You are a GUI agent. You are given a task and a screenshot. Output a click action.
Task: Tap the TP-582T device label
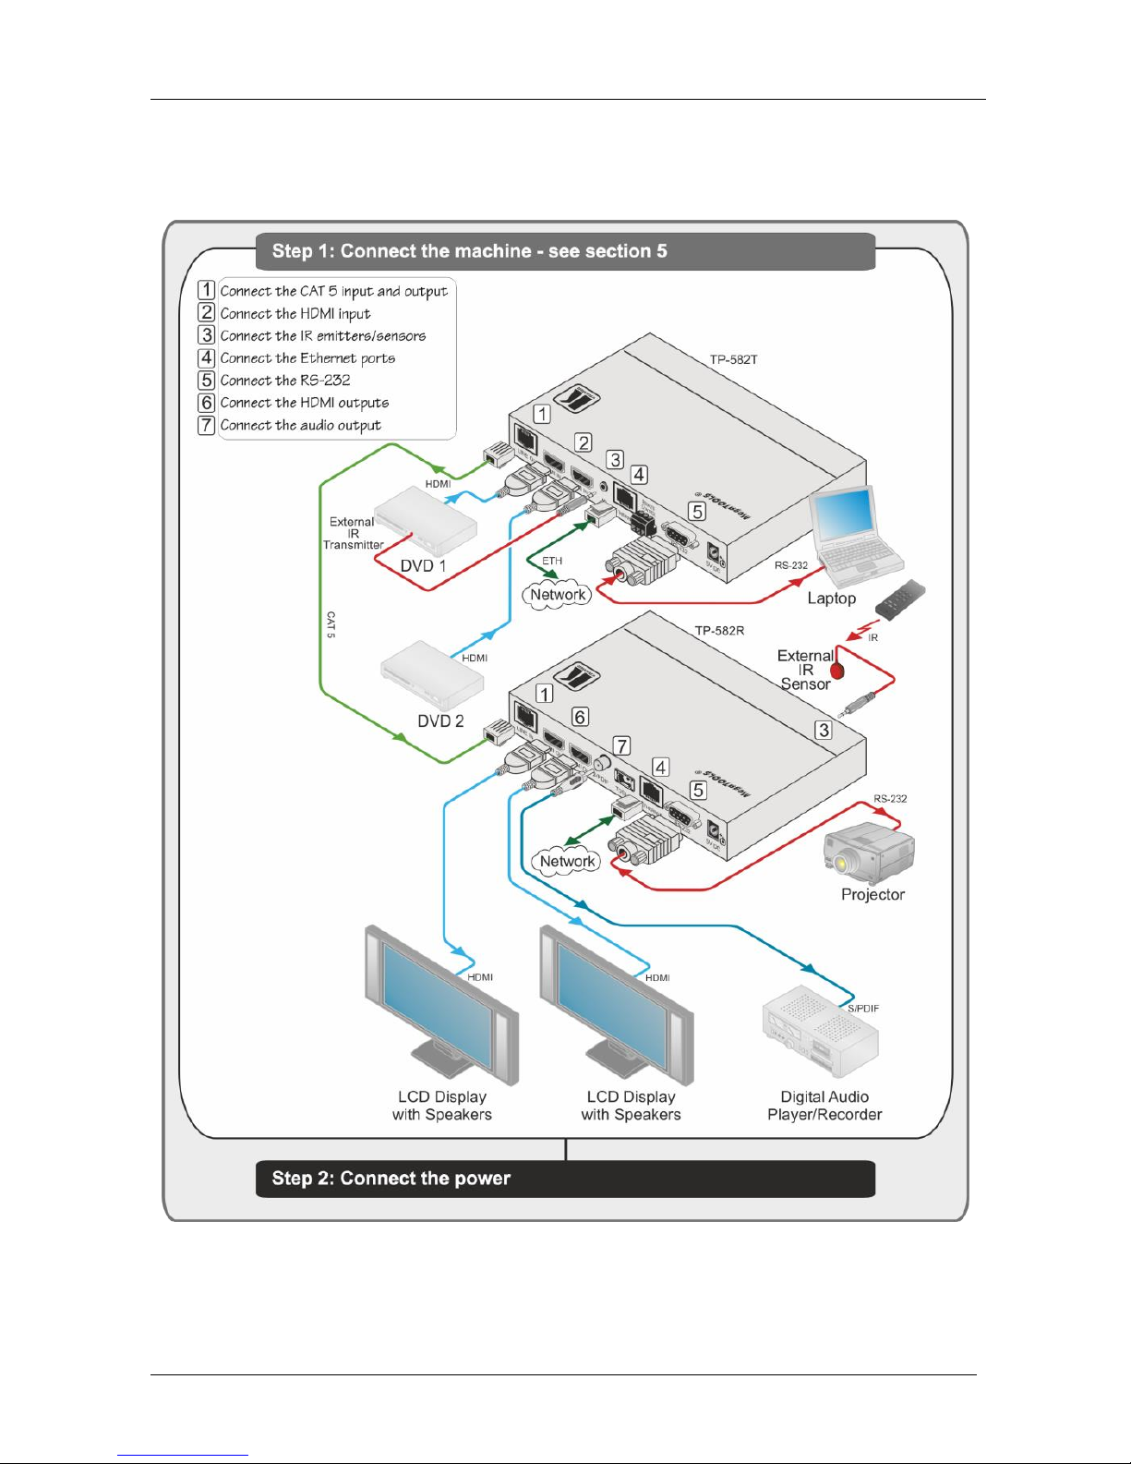[x=733, y=359]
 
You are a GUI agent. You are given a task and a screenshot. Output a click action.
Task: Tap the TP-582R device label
[x=719, y=631]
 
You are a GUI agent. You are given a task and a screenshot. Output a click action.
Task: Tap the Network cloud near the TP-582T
[x=558, y=596]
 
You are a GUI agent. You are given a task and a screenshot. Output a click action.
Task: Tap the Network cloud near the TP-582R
[x=567, y=862]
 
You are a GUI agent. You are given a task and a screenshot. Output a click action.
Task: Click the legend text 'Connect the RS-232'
[x=284, y=381]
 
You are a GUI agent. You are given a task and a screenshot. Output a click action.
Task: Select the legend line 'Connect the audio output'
[x=300, y=426]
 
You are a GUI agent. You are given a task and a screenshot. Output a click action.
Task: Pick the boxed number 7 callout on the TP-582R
[x=622, y=745]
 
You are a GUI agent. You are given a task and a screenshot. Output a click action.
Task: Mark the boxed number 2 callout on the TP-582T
[x=584, y=442]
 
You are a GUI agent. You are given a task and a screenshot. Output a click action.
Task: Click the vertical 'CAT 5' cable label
[x=331, y=624]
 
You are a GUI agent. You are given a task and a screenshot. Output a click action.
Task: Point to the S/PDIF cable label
[x=863, y=1009]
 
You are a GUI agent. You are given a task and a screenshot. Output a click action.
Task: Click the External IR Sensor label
[x=805, y=670]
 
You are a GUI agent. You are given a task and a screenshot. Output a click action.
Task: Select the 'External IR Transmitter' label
[x=353, y=534]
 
